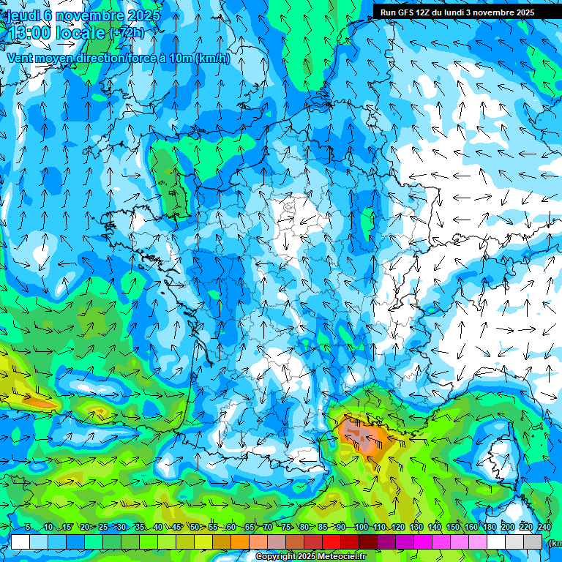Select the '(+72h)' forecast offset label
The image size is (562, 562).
click(127, 33)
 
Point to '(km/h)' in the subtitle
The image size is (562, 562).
click(212, 58)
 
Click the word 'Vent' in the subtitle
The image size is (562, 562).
click(21, 58)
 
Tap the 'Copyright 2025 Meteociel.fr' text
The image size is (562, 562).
click(310, 557)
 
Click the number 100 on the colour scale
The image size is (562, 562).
click(361, 528)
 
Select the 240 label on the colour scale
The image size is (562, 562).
click(544, 528)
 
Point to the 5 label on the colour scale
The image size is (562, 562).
click(27, 528)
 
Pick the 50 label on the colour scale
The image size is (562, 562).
click(195, 528)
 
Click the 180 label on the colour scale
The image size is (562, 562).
click(489, 528)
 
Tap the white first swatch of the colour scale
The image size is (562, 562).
click(20, 542)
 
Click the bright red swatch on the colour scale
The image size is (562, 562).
click(331, 542)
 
